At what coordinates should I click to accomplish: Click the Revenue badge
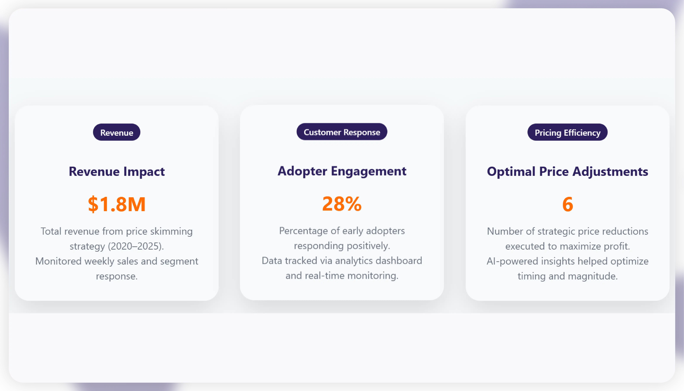[x=117, y=132]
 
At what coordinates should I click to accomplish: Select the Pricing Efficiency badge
[x=567, y=132]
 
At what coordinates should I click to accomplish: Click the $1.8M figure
[x=117, y=204]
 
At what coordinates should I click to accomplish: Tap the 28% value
[x=342, y=204]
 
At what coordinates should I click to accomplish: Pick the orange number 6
[x=567, y=204]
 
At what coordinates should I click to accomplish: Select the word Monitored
[x=58, y=261]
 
